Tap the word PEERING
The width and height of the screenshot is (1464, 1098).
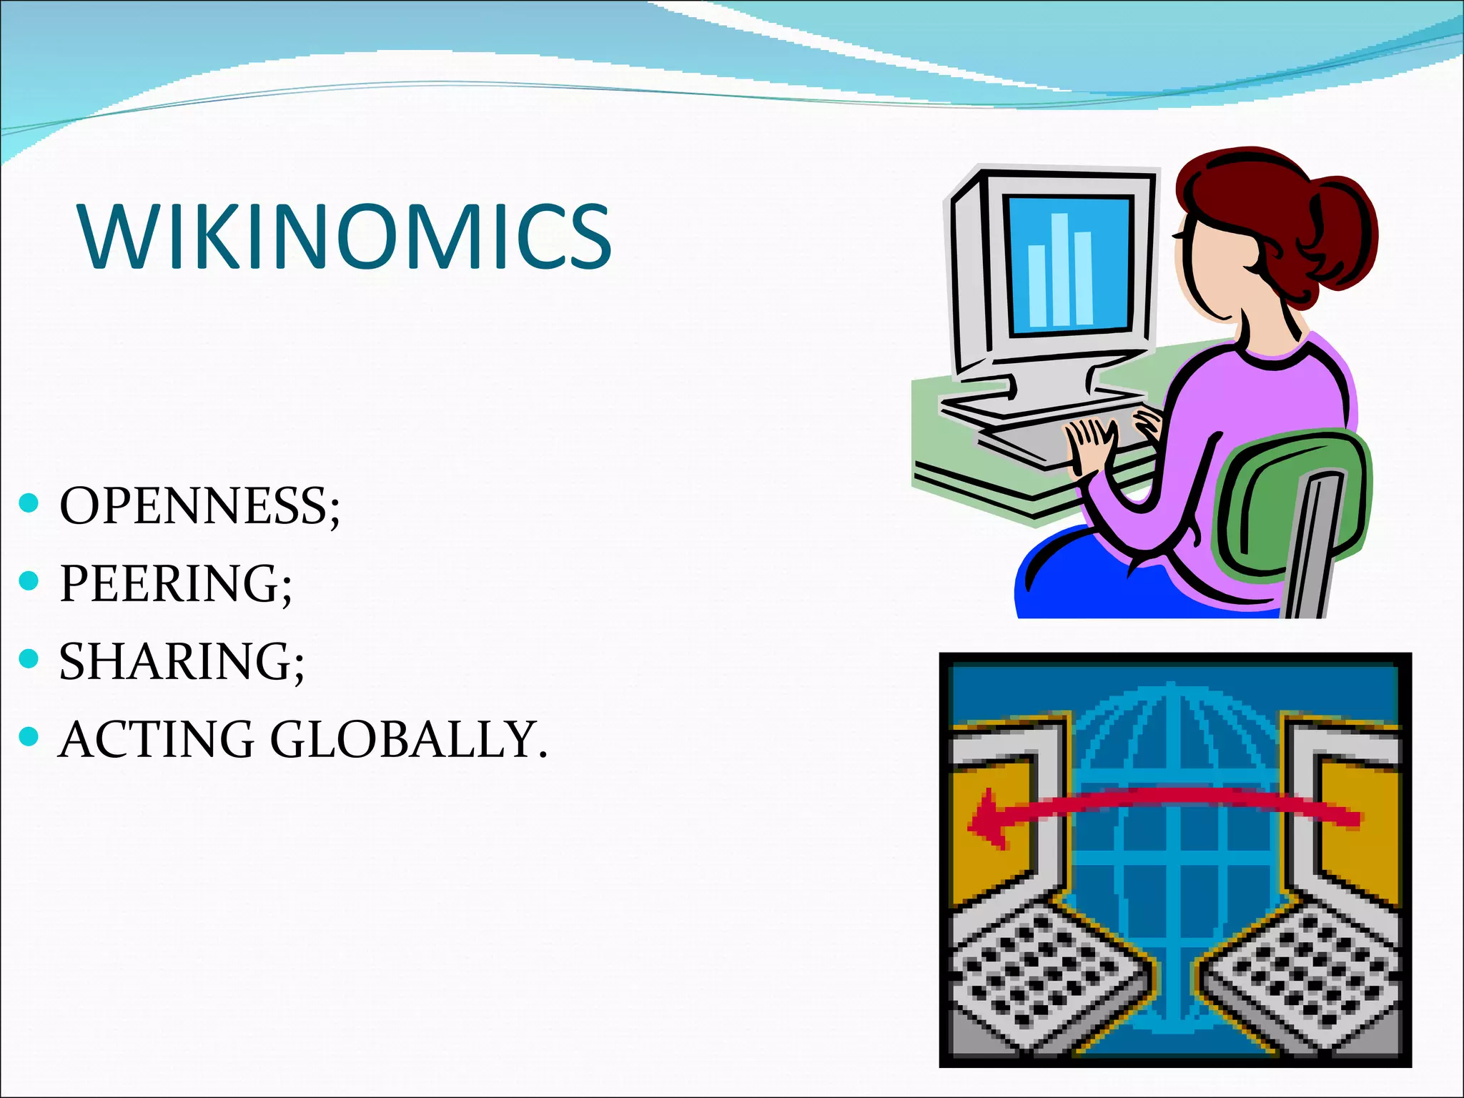(x=169, y=583)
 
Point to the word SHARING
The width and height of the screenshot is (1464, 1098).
(x=176, y=661)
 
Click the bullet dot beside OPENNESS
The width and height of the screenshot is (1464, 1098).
(x=29, y=503)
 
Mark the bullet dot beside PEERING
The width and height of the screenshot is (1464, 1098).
(x=29, y=580)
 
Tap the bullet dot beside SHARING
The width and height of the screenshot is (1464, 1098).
(x=29, y=658)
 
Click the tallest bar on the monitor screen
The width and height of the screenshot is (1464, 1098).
(x=1059, y=268)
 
